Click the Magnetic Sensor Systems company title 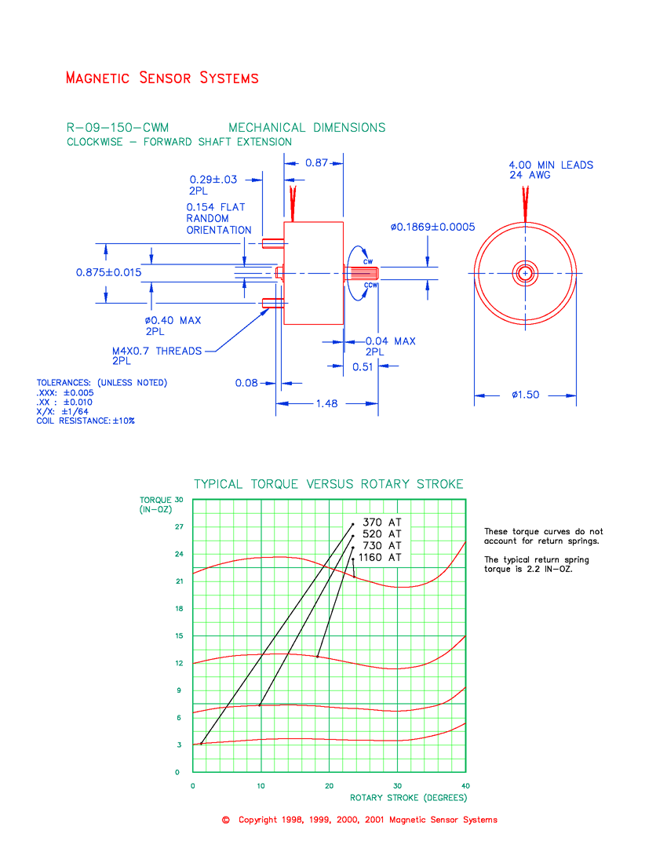coord(162,78)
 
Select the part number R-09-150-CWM coord(117,128)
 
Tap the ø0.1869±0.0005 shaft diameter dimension coord(432,227)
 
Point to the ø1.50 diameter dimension coord(526,395)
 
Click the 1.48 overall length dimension coord(327,403)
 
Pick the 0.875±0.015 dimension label coord(108,272)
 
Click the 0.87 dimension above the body coord(316,163)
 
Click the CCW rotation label coord(371,285)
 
